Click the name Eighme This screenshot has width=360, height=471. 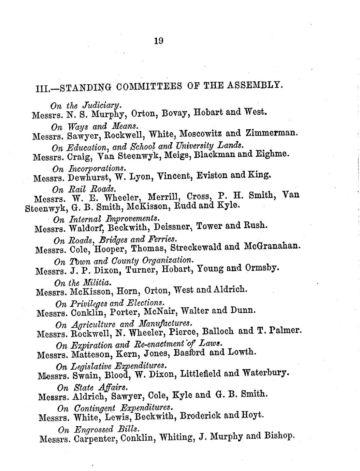click(x=272, y=154)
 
